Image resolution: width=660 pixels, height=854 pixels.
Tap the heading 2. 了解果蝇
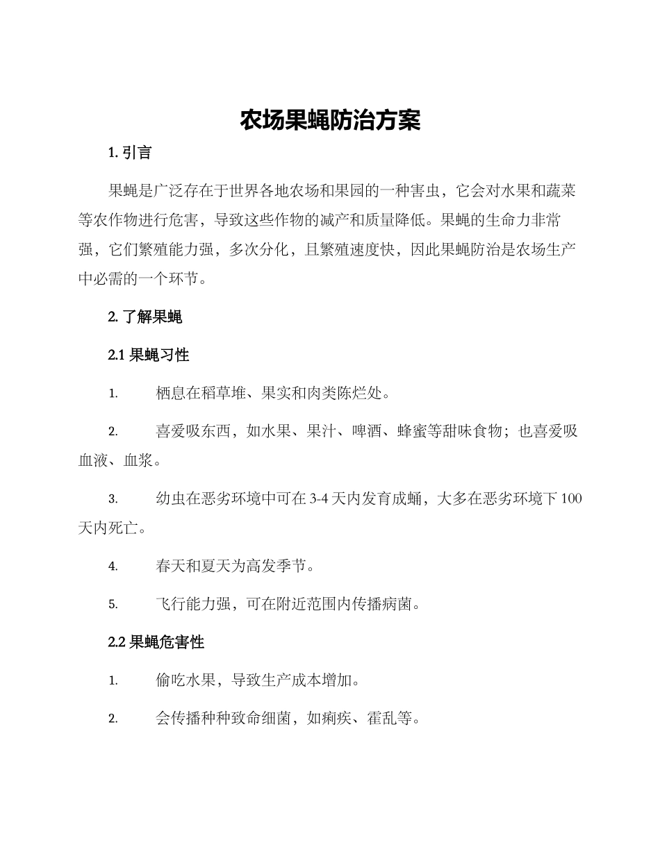145,318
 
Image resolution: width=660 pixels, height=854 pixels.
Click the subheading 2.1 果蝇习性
149,355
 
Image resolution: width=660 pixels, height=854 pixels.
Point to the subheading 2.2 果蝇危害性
156,643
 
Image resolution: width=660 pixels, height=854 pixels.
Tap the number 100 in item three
571,499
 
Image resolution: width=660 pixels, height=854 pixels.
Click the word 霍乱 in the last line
381,719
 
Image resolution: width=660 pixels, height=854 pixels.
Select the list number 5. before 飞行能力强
113,605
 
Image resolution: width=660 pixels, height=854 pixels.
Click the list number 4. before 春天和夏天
113,567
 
